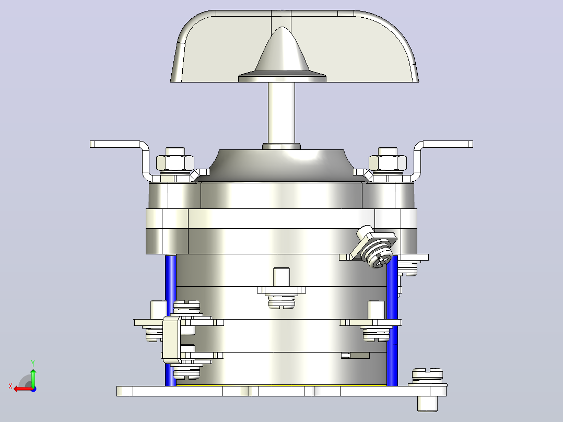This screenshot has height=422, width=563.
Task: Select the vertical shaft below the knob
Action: pos(282,113)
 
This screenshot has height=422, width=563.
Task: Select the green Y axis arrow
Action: pos(33,377)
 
